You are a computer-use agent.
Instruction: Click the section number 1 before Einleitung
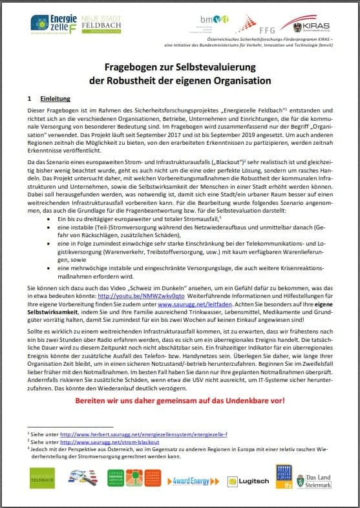click(29, 100)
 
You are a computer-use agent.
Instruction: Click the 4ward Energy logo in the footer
click(191, 480)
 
